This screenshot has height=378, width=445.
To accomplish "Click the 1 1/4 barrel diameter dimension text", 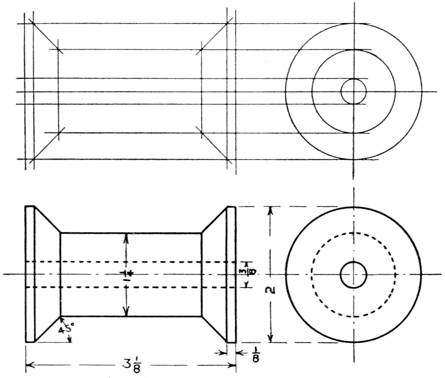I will click(x=127, y=274).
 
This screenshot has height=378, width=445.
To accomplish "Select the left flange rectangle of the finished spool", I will click(x=30, y=274).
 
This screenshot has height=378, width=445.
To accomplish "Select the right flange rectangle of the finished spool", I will click(x=231, y=274).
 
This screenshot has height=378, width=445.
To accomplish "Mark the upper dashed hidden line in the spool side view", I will click(x=130, y=262).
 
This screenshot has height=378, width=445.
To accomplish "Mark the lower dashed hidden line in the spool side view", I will click(x=130, y=287).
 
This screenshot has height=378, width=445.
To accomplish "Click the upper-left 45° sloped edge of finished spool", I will click(x=47, y=220).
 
